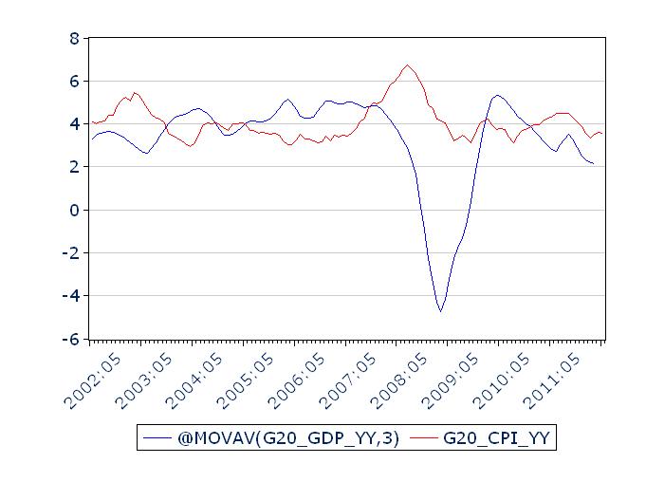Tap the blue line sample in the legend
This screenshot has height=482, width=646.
pos(156,437)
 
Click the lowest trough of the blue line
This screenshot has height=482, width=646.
pos(440,311)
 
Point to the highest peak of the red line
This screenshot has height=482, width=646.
pos(407,65)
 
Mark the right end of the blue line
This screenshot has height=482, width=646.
pos(594,164)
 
